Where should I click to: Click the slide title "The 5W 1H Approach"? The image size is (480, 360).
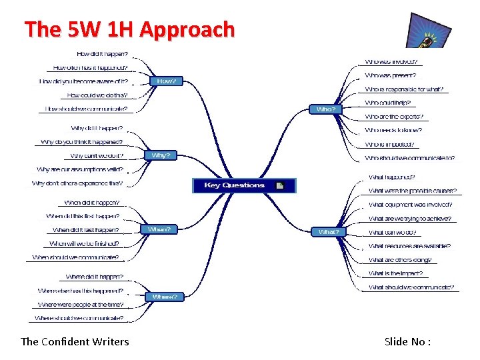[129, 29]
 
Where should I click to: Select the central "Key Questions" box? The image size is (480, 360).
[243, 185]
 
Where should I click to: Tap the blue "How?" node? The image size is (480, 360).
[166, 81]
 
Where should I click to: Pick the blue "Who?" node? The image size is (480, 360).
[326, 109]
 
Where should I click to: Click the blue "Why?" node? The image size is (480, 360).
[161, 155]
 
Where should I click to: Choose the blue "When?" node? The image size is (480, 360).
[159, 229]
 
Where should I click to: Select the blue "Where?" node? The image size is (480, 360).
[165, 296]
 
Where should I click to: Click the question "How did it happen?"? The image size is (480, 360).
[103, 53]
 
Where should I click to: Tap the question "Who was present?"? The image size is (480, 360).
[390, 75]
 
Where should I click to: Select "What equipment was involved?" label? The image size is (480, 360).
[410, 205]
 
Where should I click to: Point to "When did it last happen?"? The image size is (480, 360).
[86, 230]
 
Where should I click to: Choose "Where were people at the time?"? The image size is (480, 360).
[80, 305]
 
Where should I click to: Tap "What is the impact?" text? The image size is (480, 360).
[395, 273]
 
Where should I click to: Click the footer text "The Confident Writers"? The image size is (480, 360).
[75, 341]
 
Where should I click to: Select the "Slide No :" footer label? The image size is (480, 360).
[407, 341]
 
